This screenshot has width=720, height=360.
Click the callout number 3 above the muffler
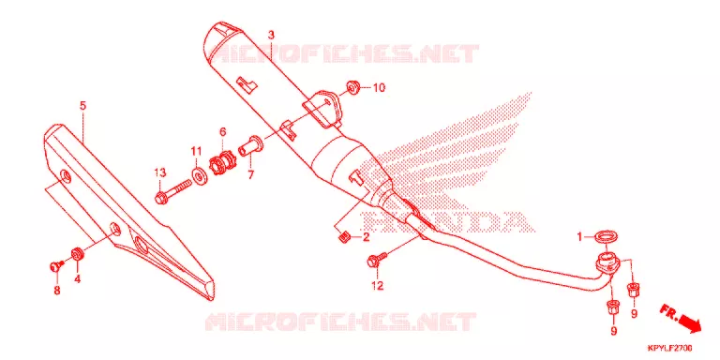(271, 36)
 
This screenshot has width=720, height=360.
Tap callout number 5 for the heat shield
(82, 106)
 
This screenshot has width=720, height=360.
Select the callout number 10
(380, 88)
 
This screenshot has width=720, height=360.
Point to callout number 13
(159, 173)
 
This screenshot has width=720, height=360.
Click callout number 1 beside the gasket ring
(579, 237)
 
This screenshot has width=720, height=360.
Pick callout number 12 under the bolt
(377, 286)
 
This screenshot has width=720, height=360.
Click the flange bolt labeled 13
(173, 191)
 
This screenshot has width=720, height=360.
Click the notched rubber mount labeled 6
(222, 162)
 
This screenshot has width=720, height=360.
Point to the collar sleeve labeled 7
(250, 145)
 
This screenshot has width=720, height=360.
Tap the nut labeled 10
(352, 86)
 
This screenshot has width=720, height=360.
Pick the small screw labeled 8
(56, 265)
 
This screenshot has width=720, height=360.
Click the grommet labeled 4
(78, 254)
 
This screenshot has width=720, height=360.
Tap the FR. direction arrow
(681, 317)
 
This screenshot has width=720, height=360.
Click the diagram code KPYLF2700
(670, 348)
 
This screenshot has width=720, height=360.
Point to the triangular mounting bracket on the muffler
(323, 110)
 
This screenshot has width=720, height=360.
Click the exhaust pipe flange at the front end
(607, 263)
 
